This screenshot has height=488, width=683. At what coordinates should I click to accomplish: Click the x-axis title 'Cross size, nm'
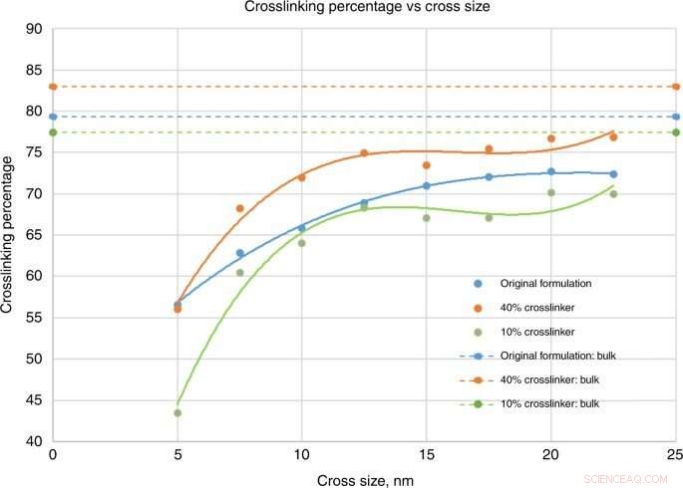tap(364, 479)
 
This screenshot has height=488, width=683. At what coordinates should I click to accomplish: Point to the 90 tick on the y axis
tap(32, 29)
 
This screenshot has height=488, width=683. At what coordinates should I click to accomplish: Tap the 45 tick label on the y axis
tap(32, 399)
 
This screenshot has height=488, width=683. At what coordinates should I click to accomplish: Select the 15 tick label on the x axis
tap(426, 453)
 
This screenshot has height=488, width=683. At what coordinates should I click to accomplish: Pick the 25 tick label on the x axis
tap(675, 453)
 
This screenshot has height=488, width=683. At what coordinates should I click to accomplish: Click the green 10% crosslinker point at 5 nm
tap(177, 412)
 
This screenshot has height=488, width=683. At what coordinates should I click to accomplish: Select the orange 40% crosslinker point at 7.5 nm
tap(239, 208)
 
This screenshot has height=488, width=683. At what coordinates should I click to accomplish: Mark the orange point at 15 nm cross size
tap(427, 165)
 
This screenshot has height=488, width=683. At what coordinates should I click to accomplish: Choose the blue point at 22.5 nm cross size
tap(613, 174)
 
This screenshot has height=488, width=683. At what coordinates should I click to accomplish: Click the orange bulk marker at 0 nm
tap(53, 87)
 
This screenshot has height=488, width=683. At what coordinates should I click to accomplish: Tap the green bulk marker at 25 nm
tap(676, 132)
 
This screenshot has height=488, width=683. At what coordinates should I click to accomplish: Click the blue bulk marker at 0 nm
tap(53, 117)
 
